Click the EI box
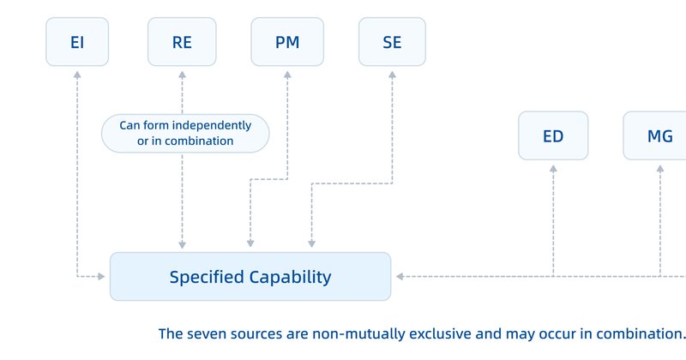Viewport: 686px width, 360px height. click(x=77, y=42)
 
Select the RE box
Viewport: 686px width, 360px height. click(x=182, y=42)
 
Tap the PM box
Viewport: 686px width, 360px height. click(x=287, y=42)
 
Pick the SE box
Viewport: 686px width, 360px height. click(x=392, y=42)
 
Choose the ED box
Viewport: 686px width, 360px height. click(x=553, y=135)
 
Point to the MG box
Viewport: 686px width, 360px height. click(x=655, y=135)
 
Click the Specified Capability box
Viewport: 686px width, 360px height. click(x=250, y=277)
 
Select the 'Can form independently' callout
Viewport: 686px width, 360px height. click(x=185, y=134)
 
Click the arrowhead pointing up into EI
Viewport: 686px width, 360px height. click(x=77, y=75)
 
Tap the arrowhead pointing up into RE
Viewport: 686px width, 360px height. click(x=182, y=75)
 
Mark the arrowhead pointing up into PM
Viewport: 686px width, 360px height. click(x=287, y=75)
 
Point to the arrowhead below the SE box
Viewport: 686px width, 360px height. click(x=392, y=75)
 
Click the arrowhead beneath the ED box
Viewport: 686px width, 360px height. click(x=553, y=168)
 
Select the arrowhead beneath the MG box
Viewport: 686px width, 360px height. click(x=660, y=168)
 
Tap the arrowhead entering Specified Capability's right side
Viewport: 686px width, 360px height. click(x=400, y=277)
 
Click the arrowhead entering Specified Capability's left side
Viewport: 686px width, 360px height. click(x=101, y=277)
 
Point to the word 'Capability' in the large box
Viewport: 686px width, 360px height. click(x=291, y=278)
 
